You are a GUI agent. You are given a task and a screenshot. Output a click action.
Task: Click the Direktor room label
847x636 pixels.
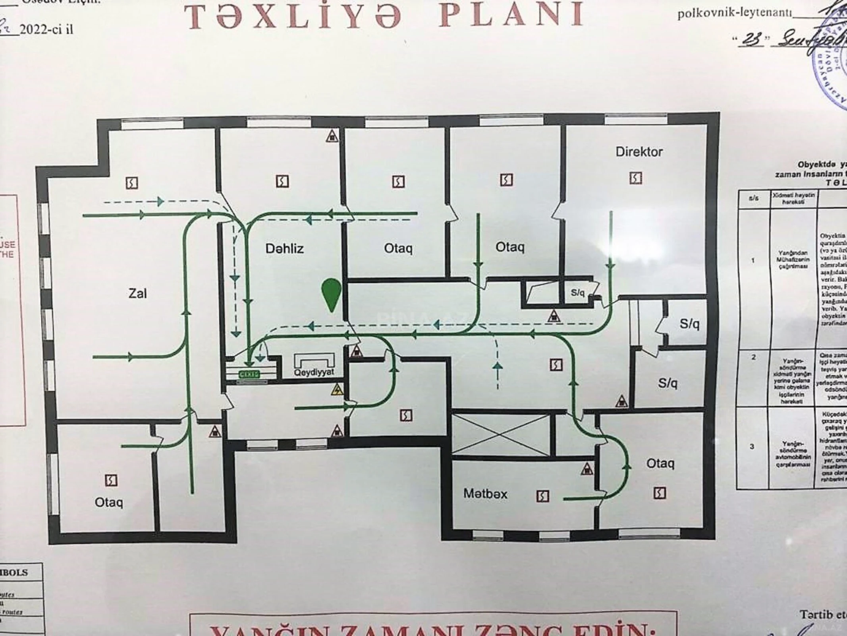tap(639, 152)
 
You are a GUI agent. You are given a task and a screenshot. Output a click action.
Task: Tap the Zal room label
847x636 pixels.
tap(137, 293)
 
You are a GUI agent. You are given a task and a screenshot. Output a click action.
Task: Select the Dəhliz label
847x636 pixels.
tap(284, 249)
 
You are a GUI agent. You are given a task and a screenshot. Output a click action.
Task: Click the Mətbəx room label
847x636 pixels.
tap(485, 494)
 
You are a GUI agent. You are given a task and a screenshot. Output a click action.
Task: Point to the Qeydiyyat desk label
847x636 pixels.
tap(314, 372)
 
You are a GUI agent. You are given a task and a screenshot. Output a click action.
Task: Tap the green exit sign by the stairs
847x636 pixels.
tap(249, 374)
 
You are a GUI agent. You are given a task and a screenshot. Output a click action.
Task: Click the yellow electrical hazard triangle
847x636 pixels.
tap(337, 390)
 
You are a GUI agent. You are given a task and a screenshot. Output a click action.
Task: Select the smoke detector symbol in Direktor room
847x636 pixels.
tap(635, 178)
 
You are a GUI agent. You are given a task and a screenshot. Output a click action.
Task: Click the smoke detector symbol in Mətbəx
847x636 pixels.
tap(542, 496)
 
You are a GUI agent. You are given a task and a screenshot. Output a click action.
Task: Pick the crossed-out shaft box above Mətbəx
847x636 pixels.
tap(501, 435)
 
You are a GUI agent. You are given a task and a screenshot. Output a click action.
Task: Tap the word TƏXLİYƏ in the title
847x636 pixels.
tap(294, 16)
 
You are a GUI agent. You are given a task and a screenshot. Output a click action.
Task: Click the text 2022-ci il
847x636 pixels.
tap(46, 29)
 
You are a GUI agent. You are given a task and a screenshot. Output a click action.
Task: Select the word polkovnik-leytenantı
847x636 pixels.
tap(734, 14)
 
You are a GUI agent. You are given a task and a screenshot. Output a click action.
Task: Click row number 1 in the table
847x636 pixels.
tap(752, 261)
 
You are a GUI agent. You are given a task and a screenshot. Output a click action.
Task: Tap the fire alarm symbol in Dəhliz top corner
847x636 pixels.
tap(332, 136)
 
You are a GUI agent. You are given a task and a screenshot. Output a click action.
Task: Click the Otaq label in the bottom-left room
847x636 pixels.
tap(108, 502)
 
